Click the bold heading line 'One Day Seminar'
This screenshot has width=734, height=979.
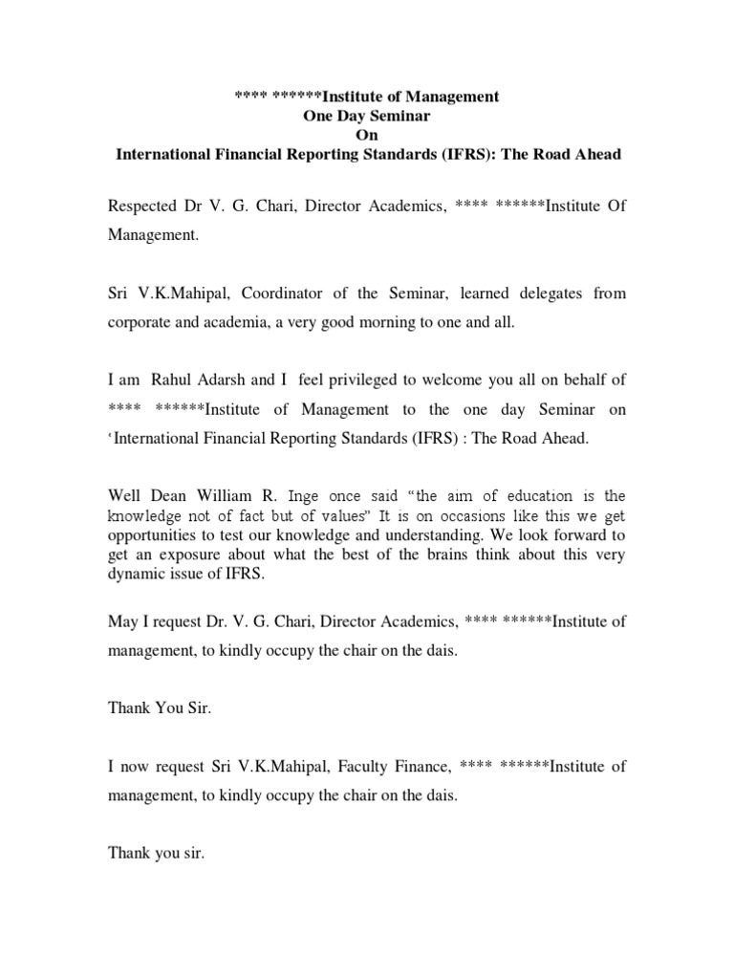click(368, 116)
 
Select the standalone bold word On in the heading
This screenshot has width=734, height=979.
click(368, 135)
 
